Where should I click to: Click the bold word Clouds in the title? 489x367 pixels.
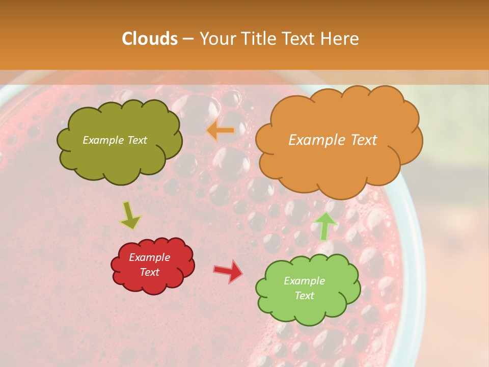click(x=150, y=39)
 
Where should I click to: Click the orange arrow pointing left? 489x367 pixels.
click(x=220, y=131)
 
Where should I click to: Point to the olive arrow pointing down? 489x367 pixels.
click(x=130, y=216)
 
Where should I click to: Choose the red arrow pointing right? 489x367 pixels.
click(x=228, y=271)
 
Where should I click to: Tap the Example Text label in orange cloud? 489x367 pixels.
click(x=333, y=140)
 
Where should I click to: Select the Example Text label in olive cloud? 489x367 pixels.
click(x=115, y=140)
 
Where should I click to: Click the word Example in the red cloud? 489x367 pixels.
click(x=149, y=257)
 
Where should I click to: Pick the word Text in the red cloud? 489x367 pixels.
click(x=149, y=272)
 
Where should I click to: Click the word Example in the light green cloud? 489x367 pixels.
click(x=304, y=281)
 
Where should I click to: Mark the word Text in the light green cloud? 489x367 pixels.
click(x=304, y=296)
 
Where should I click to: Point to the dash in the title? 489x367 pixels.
click(x=187, y=39)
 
